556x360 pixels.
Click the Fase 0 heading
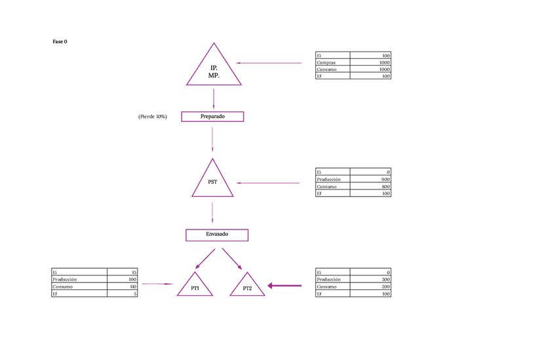point(60,42)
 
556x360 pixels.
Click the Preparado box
point(212,117)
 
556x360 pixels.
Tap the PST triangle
point(212,182)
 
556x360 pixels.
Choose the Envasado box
point(217,235)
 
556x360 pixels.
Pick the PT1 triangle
point(195,287)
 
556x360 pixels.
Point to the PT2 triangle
point(247,287)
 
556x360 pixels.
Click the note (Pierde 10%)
point(152,117)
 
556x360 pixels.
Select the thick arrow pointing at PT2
point(285,285)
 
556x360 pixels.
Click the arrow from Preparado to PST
point(212,140)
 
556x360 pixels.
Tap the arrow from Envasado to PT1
point(205,258)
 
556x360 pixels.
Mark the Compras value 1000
point(384,63)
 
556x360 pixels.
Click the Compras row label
point(327,63)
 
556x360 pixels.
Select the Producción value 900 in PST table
point(386,179)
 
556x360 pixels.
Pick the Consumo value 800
point(386,187)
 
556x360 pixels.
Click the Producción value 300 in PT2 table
point(386,279)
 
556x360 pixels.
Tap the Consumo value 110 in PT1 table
point(133,287)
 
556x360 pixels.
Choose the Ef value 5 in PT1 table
point(135,294)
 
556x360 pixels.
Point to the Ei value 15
point(134,272)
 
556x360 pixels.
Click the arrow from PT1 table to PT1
point(157,284)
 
